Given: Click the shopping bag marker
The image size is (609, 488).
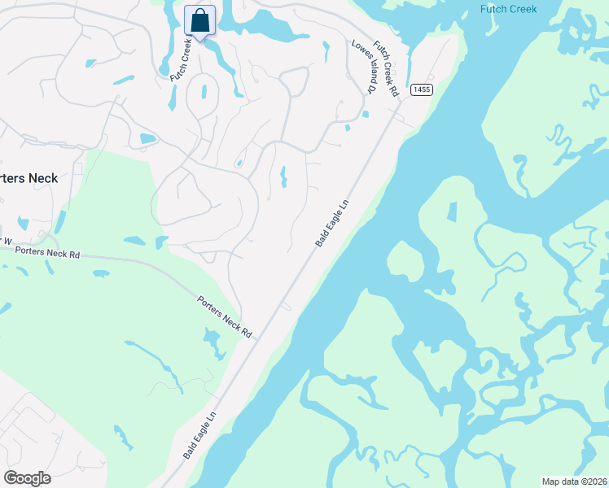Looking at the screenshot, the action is coord(199,21).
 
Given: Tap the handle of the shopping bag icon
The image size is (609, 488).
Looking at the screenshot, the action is coord(199,13).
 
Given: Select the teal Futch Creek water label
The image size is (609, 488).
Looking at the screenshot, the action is coord(507,9).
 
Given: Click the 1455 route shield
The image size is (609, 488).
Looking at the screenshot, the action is coord(421,89).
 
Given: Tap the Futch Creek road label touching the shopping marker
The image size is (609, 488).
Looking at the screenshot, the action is coord(180,59).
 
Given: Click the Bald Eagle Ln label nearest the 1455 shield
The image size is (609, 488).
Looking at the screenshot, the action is coord(331,224).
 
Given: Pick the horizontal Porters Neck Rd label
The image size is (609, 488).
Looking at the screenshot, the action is coord(47,253).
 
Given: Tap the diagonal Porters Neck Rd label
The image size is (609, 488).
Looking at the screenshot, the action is coord(226,317).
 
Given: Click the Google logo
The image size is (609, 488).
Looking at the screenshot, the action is coord(27,477).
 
